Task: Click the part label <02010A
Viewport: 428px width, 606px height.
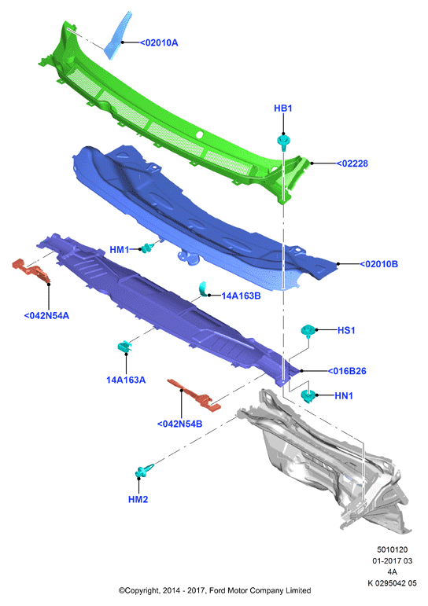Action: coord(159,42)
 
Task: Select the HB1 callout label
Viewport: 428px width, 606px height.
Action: coord(283,108)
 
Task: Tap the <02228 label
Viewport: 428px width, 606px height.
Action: coord(352,163)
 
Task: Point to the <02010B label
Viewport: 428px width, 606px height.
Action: coord(379,264)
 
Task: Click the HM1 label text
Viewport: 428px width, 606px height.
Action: coord(119,250)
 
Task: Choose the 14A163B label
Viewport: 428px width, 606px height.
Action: coord(241,296)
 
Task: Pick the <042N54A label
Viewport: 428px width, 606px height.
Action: coord(46,316)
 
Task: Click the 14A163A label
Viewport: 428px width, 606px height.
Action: coord(126,380)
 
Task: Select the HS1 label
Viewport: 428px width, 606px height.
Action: coord(346,330)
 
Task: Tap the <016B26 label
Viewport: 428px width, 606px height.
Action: coord(347,371)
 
